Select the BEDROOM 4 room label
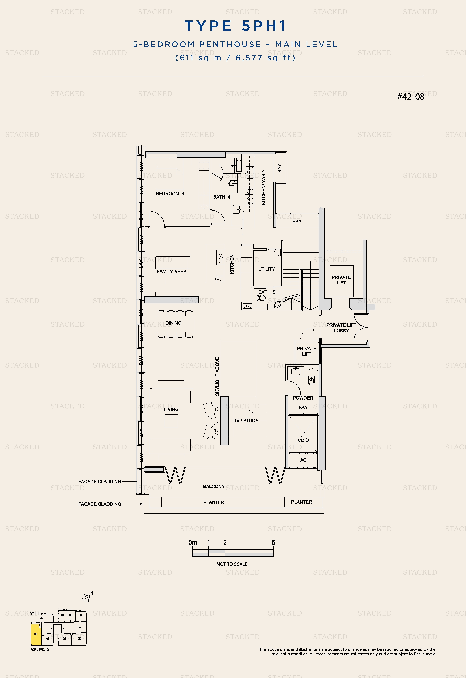point(170,193)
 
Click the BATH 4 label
point(221,197)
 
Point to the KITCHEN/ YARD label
point(264,188)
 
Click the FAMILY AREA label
point(171,271)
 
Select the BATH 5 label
point(267,292)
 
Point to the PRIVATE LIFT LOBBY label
point(341,328)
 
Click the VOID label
point(303,440)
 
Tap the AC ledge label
point(303,460)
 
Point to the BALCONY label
point(214,486)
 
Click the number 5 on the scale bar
point(273,542)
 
